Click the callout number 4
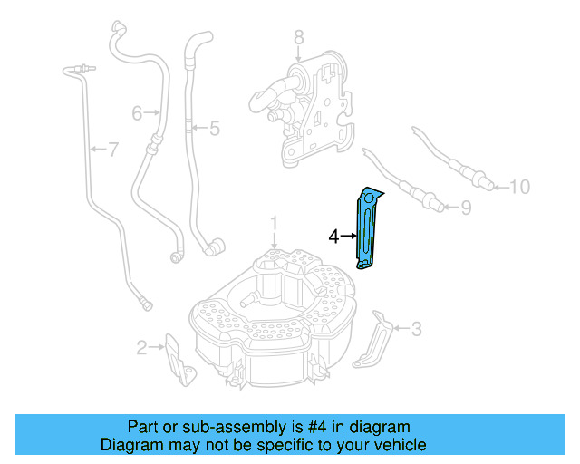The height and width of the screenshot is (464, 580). pos(333,236)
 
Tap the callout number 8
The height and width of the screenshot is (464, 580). pos(298,37)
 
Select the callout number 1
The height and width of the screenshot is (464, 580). pos(275,221)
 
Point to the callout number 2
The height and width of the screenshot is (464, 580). pos(141,346)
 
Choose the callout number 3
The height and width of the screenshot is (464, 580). pos(416,329)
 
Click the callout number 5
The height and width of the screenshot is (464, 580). pos(214,129)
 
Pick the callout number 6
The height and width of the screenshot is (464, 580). pos(138,113)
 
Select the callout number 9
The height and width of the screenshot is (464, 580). pos(466,208)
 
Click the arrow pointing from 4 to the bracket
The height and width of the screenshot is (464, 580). pos(348,236)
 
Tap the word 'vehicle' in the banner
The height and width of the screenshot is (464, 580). pos(399,445)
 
